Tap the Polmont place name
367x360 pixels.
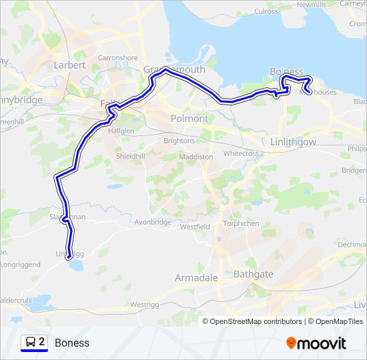click(190, 118)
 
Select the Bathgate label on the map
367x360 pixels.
click(254, 274)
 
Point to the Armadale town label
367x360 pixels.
click(196, 277)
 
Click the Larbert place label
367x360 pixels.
click(69, 65)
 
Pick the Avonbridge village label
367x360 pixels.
click(153, 222)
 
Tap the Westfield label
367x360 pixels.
click(195, 227)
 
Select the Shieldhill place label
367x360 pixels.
click(130, 156)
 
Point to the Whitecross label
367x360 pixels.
click(241, 153)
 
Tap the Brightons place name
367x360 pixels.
click(179, 141)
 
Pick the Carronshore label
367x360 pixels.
click(117, 58)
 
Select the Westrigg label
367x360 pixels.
click(145, 305)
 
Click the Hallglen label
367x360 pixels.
click(121, 131)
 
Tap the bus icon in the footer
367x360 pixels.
click(30, 342)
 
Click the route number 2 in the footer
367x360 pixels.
click(42, 342)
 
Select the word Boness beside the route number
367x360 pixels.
click(72, 343)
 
